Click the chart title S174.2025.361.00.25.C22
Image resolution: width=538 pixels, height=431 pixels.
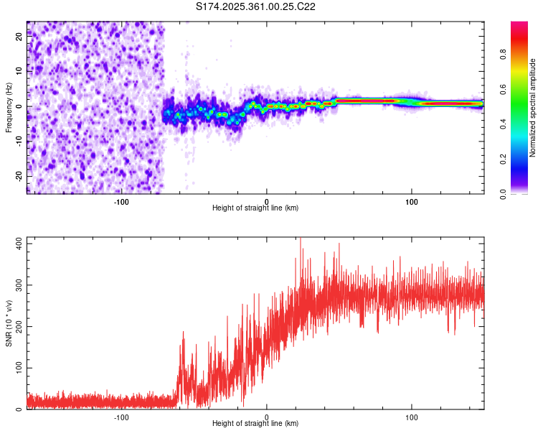255,6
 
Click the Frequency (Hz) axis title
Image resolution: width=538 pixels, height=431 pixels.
9,108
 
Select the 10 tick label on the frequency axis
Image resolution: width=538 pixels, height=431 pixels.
19,71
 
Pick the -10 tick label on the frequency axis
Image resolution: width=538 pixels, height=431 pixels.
19,142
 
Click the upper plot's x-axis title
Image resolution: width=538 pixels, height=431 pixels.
255,208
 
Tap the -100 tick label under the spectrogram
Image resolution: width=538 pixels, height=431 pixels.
121,202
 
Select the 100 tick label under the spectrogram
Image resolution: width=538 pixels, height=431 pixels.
412,202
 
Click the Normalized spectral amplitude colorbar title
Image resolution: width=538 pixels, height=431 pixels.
532,108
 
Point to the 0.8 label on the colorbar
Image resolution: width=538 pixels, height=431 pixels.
503,55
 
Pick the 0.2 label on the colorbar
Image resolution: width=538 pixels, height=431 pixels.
503,159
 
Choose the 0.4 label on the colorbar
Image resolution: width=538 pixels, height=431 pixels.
503,124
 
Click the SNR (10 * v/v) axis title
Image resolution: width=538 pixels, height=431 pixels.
9,323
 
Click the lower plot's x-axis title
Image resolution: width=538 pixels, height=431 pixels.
255,423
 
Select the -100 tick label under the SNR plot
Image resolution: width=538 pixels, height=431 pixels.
121,417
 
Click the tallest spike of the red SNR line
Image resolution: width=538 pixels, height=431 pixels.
301,238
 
